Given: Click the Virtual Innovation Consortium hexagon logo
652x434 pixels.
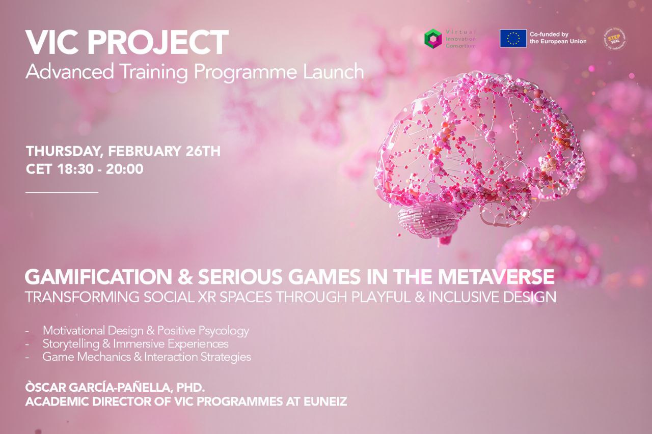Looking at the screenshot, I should pos(433,39).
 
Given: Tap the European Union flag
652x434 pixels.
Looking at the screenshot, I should pos(513,39).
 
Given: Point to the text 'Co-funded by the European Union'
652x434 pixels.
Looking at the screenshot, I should pos(558,38).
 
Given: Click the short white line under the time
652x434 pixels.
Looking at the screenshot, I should pos(62,192).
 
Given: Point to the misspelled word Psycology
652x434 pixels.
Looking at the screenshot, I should pos(225,331).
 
